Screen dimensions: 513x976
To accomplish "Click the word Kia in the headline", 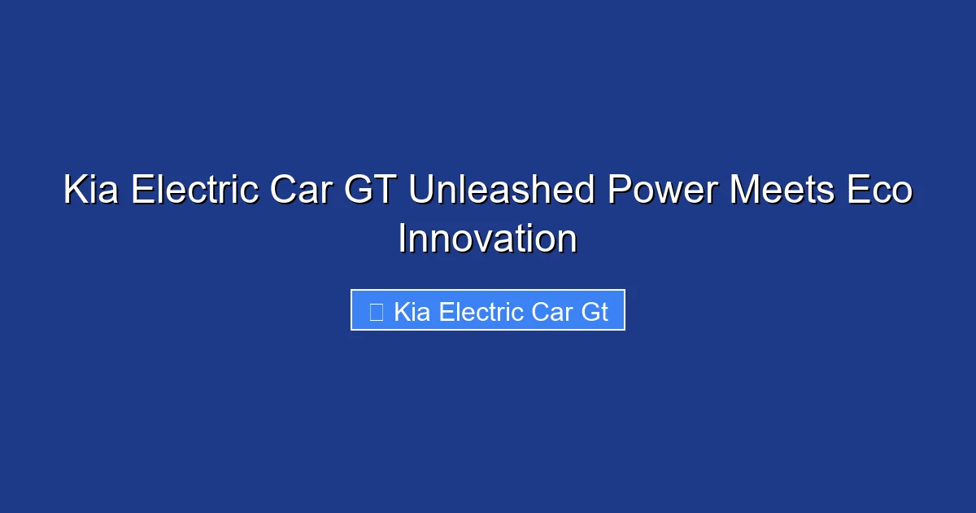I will [x=92, y=191].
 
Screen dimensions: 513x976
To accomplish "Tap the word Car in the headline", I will [x=298, y=191].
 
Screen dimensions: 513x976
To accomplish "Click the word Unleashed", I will [x=502, y=191].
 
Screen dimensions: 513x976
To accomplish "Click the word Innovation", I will [x=488, y=239].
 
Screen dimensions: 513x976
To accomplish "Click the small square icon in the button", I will [x=376, y=311].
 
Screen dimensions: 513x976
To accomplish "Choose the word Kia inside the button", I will [x=412, y=311].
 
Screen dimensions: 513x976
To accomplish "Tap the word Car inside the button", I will [x=552, y=311].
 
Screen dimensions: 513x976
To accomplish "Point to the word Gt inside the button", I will [x=595, y=311].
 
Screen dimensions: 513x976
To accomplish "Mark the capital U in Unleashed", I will [x=420, y=191].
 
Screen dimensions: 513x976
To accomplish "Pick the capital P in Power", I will [x=617, y=191].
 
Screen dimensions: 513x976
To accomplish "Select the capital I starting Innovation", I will [x=402, y=239].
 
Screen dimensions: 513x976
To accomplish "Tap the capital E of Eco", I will [x=855, y=191].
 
